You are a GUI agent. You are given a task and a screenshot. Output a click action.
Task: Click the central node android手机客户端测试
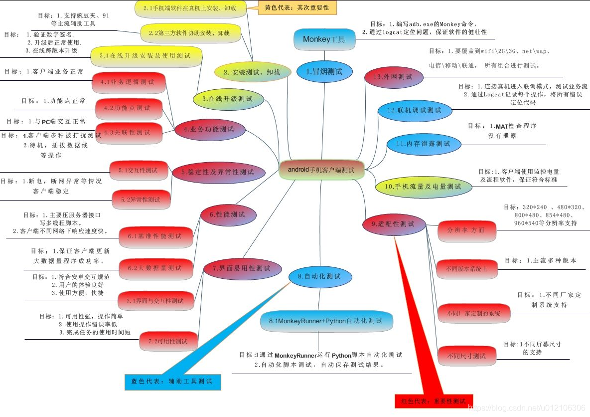(x=321, y=170)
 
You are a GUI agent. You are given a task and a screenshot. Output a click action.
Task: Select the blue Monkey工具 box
(x=324, y=39)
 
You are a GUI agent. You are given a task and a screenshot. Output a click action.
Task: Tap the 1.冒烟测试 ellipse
(x=324, y=72)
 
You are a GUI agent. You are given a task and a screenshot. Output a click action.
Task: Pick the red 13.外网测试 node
(x=394, y=77)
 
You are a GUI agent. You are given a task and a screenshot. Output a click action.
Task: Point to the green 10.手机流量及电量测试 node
(x=423, y=187)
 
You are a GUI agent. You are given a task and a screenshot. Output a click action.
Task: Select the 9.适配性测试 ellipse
(x=394, y=224)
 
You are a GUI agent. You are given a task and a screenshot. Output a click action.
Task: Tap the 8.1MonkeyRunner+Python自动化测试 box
(x=326, y=321)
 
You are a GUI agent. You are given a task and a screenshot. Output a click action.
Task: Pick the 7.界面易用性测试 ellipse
(x=241, y=268)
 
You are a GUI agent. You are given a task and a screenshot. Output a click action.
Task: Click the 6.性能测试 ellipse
(x=228, y=214)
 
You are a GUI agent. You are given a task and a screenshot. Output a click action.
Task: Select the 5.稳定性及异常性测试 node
(x=218, y=172)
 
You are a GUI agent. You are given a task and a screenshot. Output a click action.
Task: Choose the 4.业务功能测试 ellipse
(x=209, y=129)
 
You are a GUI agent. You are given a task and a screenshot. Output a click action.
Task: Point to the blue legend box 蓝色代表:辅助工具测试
(x=171, y=382)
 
